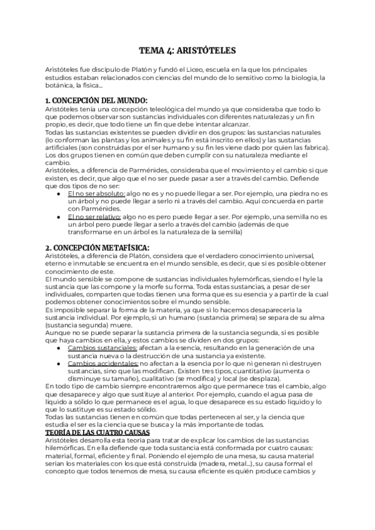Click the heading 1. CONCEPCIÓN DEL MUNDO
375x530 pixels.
(97, 101)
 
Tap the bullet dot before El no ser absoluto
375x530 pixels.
(59, 195)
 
